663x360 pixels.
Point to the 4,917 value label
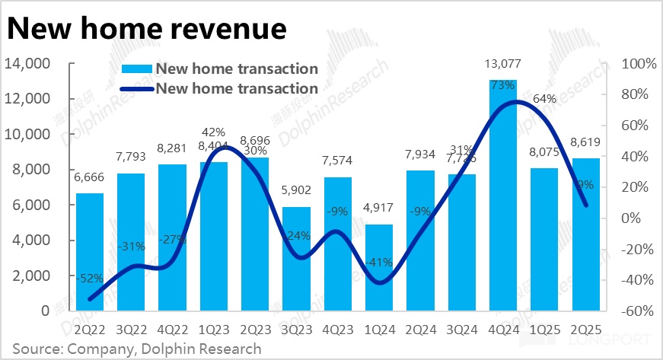click(x=378, y=215)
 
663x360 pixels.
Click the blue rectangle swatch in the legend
click(x=137, y=69)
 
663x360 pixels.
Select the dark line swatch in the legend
click(x=137, y=88)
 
